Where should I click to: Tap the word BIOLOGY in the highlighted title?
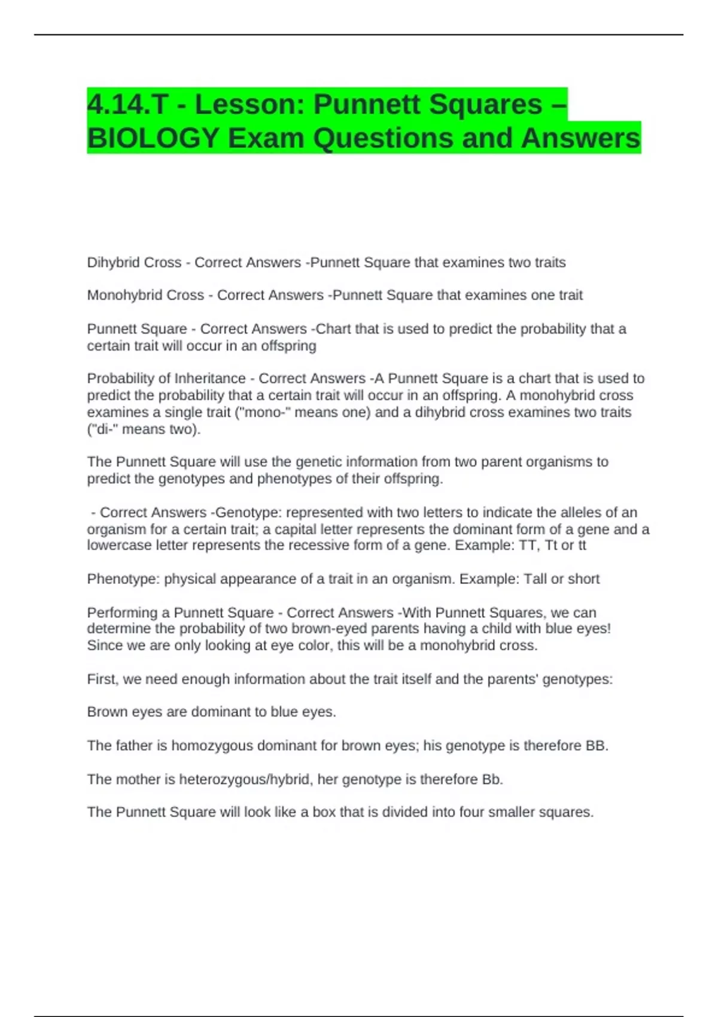[x=153, y=138]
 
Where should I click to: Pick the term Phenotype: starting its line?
[x=124, y=579]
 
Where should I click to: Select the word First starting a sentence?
[x=102, y=680]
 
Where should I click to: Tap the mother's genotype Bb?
[x=491, y=780]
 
